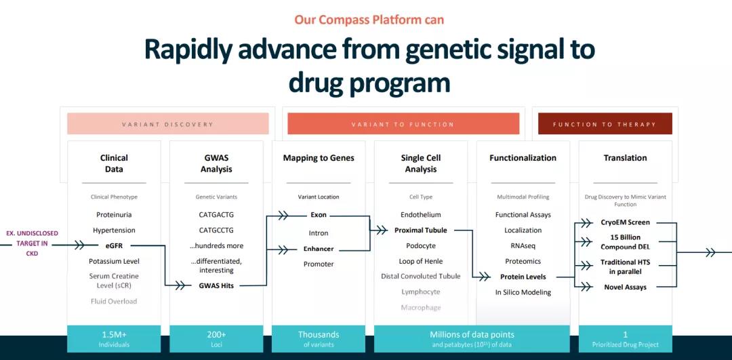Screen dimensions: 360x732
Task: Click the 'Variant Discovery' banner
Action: [x=167, y=124]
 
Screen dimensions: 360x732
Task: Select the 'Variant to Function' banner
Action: [x=403, y=124]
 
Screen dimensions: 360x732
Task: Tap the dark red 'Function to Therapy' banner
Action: [x=605, y=124]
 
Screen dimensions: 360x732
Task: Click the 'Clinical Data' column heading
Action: [x=114, y=163]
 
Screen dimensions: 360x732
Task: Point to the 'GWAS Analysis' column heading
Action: [x=216, y=163]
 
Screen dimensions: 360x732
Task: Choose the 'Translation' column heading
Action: [x=625, y=158]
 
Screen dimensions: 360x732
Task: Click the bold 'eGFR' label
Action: [x=114, y=245]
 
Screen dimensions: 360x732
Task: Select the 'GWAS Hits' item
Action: [x=216, y=285]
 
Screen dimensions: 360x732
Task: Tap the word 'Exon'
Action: [x=318, y=215]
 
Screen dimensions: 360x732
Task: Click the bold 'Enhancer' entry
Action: [x=318, y=249]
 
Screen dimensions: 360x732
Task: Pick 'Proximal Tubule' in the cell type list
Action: [x=420, y=231]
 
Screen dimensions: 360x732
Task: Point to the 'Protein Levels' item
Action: [x=523, y=277]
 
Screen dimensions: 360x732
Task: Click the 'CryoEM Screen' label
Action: [x=625, y=222]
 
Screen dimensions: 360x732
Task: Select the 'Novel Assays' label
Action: [x=625, y=287]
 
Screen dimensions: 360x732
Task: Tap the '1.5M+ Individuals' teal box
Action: [x=114, y=338]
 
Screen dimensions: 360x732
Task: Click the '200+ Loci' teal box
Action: [x=216, y=338]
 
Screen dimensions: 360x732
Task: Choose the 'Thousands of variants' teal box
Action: [x=318, y=338]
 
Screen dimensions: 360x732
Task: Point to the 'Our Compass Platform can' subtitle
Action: [x=369, y=19]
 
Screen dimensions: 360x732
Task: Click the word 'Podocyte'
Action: [x=420, y=245]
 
